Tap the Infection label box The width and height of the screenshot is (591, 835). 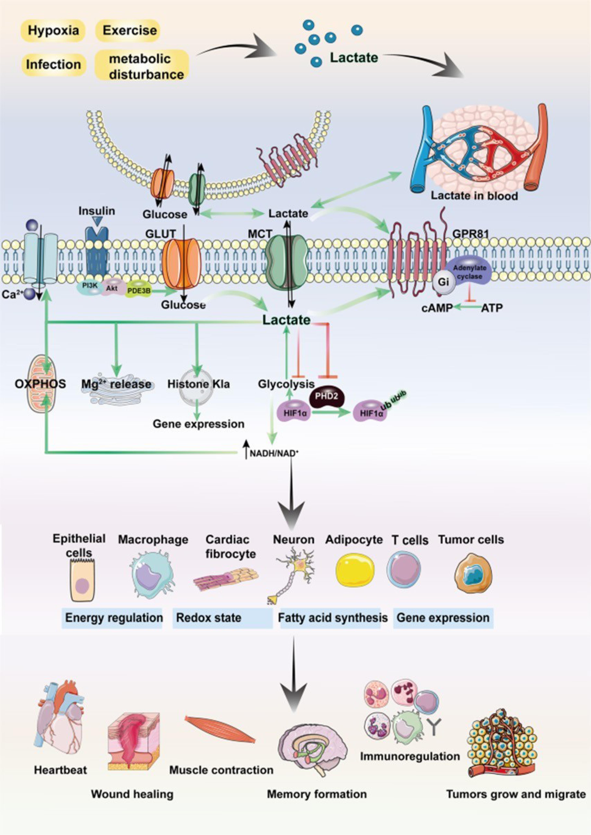coord(53,64)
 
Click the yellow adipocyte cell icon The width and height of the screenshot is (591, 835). coord(355,572)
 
